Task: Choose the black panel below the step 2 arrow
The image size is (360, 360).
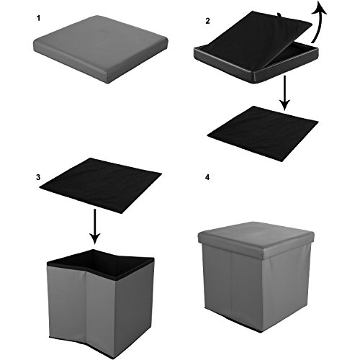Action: [x=262, y=133]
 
